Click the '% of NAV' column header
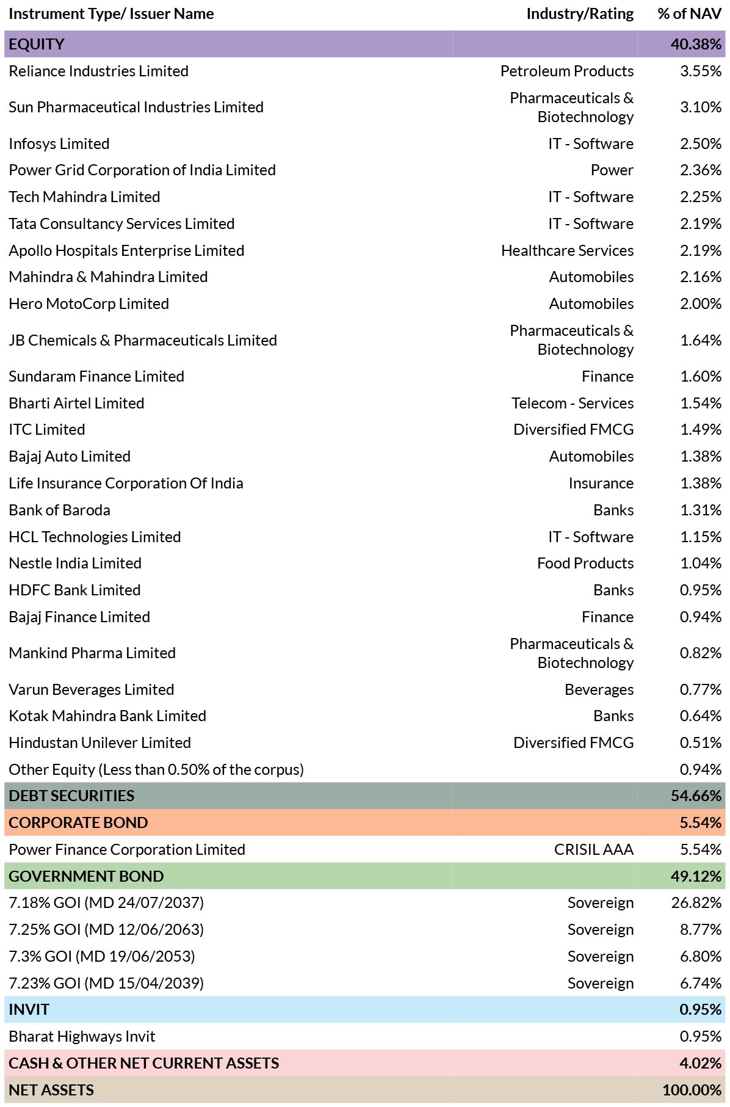click(689, 14)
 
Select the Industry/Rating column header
click(580, 14)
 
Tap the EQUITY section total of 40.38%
click(696, 44)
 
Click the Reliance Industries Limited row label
click(98, 71)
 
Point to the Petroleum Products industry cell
click(567, 71)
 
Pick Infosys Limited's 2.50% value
click(701, 143)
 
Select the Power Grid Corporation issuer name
click(142, 170)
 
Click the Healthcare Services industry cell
click(567, 250)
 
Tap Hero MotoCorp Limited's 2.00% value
click(700, 303)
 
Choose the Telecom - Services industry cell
click(573, 403)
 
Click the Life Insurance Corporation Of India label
click(126, 483)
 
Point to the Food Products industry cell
click(585, 563)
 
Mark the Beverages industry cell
click(599, 689)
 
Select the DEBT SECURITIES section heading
click(71, 796)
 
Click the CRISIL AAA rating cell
click(594, 849)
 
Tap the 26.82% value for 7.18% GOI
click(696, 902)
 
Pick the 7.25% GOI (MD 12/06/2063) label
click(106, 929)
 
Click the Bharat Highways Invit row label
click(82, 1036)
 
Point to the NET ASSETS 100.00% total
click(692, 1090)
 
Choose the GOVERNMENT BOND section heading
click(86, 876)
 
